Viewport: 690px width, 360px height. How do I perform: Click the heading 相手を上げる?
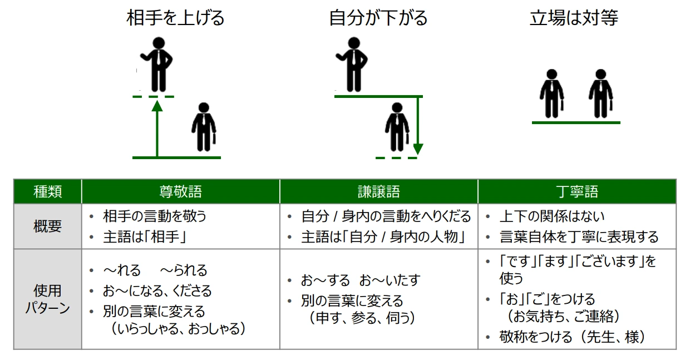(175, 18)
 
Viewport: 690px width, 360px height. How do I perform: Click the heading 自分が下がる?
(378, 18)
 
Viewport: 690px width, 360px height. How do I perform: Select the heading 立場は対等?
(574, 18)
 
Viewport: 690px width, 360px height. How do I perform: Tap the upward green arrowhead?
(157, 106)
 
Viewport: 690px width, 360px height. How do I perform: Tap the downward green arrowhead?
(418, 149)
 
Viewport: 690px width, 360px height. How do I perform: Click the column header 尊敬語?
(180, 191)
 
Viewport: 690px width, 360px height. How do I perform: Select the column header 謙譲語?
(379, 191)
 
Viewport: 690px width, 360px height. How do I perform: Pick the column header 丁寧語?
(577, 191)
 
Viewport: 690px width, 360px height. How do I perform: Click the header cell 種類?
(48, 191)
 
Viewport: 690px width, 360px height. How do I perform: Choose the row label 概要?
(48, 226)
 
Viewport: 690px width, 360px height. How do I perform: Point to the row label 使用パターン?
(48, 299)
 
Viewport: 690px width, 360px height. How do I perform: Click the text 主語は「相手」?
(145, 237)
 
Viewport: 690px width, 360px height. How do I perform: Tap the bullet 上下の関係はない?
(551, 216)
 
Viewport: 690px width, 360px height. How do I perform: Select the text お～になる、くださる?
(157, 291)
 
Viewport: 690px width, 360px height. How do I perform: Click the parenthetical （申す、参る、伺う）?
(362, 318)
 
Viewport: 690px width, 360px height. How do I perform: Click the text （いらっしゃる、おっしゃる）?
(179, 329)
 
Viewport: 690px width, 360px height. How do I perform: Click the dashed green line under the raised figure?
(154, 97)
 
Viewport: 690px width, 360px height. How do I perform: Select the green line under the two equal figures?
(576, 122)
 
